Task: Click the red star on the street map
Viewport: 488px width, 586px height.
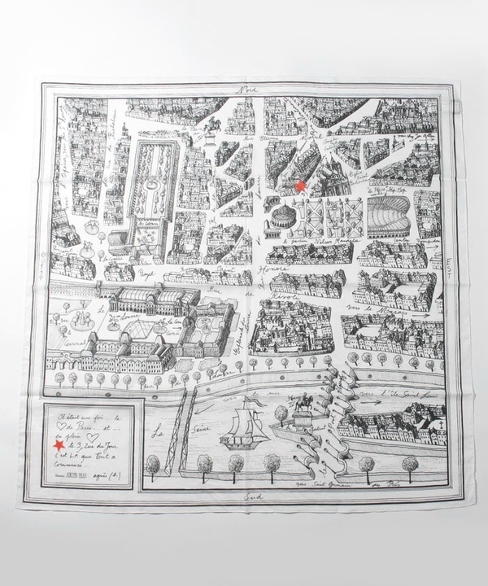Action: [301, 186]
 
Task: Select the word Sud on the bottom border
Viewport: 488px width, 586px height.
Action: [241, 496]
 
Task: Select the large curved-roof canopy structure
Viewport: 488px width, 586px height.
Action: [389, 215]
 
